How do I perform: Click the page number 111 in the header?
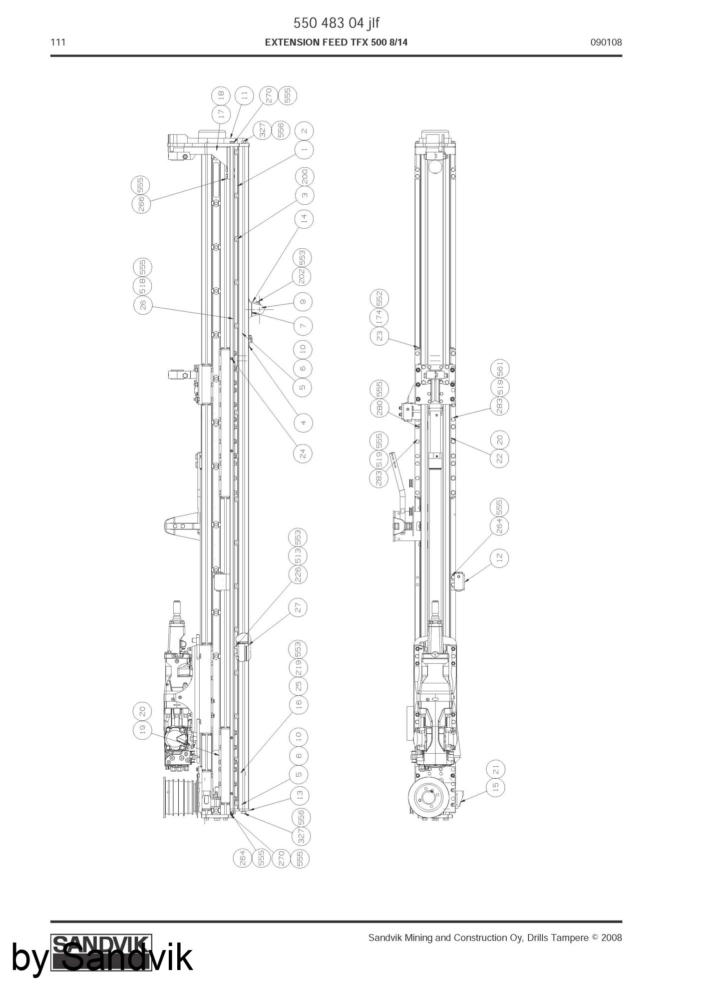58,42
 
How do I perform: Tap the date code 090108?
606,42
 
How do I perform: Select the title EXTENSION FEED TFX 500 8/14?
336,42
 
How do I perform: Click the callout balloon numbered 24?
303,454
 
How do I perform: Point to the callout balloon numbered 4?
303,423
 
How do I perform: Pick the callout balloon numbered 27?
299,608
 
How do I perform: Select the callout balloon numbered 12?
500,557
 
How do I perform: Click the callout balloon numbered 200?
305,176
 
